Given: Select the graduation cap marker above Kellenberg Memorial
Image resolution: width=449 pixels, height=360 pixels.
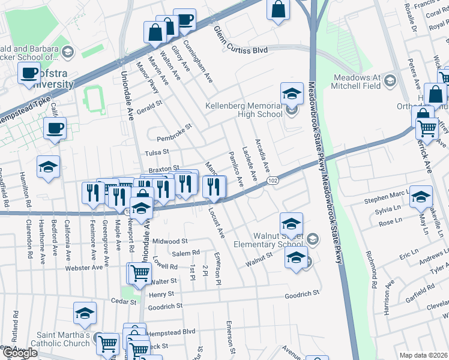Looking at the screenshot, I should click(292, 94).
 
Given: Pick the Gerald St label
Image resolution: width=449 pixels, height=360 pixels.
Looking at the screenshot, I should click(149, 105).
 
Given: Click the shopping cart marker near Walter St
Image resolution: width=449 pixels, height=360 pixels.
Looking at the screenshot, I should click(140, 274).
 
